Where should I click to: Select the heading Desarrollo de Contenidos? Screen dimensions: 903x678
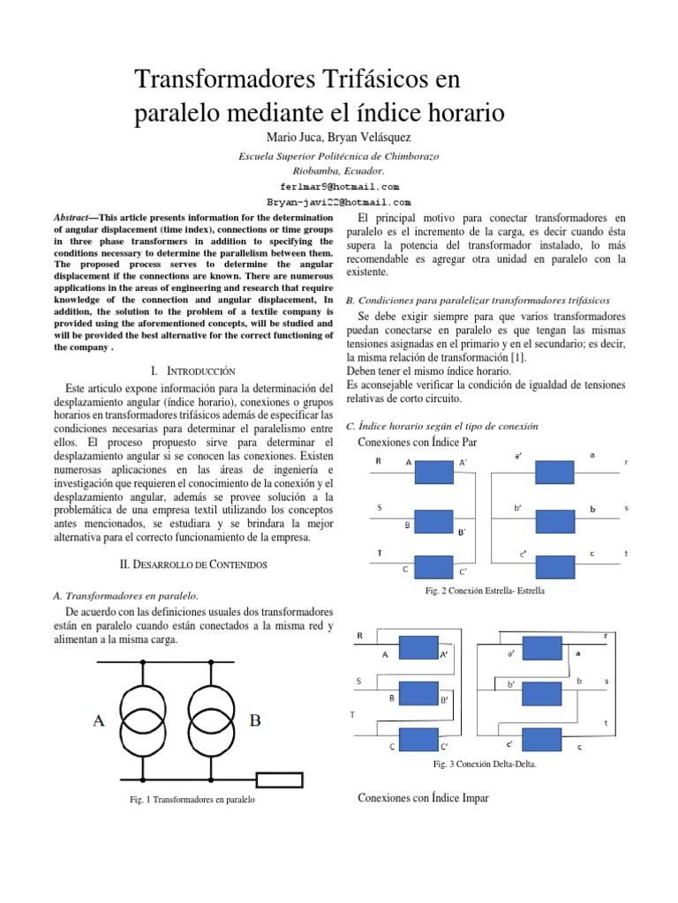point(193,563)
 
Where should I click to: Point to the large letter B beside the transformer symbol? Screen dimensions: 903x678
point(255,720)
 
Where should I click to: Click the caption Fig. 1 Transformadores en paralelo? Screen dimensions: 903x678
point(192,801)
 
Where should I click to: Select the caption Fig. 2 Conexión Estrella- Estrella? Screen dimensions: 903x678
point(485,590)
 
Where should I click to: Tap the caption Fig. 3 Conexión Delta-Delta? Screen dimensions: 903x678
point(485,764)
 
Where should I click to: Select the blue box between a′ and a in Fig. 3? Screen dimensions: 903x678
point(544,654)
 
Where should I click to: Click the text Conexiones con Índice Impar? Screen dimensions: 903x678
point(423,798)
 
